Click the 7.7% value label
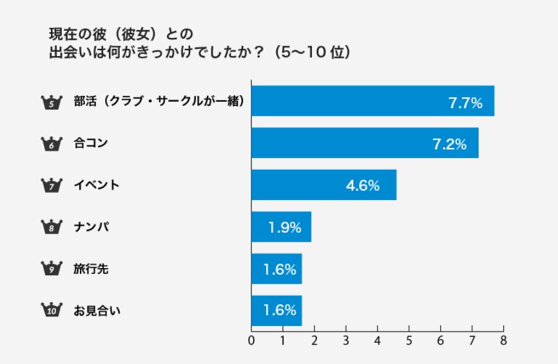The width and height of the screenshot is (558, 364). click(x=465, y=102)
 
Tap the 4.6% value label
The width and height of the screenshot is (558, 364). click(x=362, y=186)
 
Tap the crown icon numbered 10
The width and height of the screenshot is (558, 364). click(x=50, y=311)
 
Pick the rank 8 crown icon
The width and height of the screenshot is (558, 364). click(x=50, y=227)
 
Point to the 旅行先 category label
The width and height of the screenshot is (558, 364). click(x=91, y=269)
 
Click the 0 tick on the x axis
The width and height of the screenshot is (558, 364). click(x=251, y=340)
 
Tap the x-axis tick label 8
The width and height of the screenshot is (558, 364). click(x=503, y=340)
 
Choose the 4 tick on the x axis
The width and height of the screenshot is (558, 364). click(x=378, y=340)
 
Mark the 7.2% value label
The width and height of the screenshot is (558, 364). click(x=449, y=144)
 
